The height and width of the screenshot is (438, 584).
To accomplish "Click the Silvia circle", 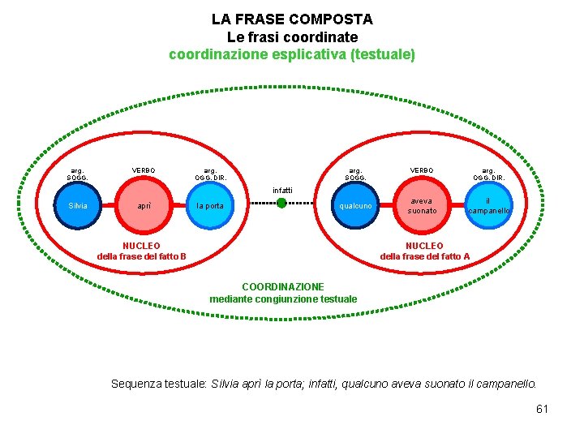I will [78, 206].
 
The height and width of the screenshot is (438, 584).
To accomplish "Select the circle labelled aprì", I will [144, 206].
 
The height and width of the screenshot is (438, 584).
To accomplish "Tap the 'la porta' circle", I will [210, 206].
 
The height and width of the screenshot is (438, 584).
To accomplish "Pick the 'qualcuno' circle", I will [356, 206].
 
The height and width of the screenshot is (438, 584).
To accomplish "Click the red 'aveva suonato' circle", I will [422, 206].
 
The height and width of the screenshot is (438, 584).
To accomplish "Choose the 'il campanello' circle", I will [488, 206].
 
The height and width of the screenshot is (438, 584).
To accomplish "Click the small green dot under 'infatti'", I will [281, 203].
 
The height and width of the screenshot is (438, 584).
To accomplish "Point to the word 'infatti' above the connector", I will [282, 190].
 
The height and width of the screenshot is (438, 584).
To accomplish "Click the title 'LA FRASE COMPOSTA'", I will [292, 19].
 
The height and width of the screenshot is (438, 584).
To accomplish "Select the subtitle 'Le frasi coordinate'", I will [292, 36].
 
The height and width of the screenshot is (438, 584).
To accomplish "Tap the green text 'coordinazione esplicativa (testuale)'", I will [292, 54].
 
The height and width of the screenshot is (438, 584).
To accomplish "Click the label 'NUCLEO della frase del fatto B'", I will [141, 251].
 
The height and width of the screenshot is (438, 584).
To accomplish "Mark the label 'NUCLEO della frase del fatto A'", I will [424, 251].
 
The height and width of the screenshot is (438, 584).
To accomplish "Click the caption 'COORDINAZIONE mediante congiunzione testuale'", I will [283, 293].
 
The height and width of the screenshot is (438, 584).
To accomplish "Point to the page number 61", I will [542, 409].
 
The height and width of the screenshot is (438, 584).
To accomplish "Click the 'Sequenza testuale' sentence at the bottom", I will [324, 383].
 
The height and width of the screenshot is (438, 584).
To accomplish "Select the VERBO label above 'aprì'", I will [144, 170].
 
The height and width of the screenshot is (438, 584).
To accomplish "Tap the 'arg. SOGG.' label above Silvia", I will [78, 174].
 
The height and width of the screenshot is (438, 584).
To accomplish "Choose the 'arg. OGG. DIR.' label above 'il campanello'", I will [488, 174].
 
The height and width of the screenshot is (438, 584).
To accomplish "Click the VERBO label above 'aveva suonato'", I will [422, 170].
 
